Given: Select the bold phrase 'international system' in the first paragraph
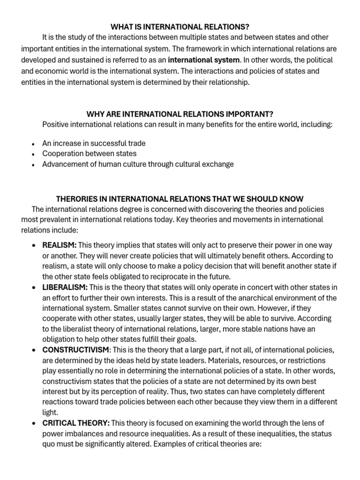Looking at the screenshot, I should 204,60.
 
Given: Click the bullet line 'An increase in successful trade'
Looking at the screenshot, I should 94,143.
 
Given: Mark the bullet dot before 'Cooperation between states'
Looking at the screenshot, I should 32,154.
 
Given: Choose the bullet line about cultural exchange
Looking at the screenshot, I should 138,164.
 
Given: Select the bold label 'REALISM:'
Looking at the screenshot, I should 60,245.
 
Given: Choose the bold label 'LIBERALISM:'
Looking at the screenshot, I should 65,286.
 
